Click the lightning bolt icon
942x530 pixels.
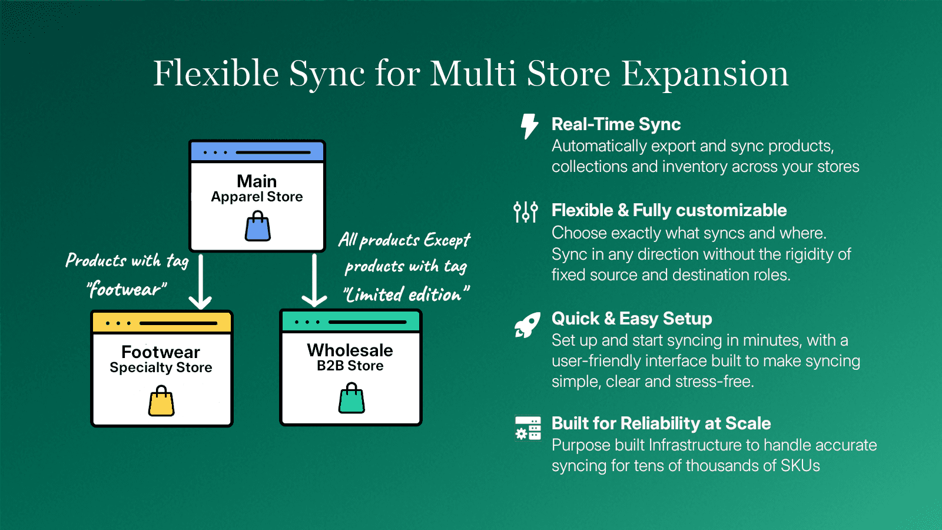coord(529,126)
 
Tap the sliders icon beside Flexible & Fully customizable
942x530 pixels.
coord(525,211)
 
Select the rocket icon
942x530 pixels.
coord(527,325)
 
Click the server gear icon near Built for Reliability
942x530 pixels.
coord(528,428)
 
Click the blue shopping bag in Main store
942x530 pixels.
coord(257,227)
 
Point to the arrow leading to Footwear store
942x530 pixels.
coord(201,283)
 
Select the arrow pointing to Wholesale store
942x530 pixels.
coord(314,281)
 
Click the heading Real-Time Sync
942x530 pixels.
coord(616,124)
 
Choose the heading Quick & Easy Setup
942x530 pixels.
coord(631,319)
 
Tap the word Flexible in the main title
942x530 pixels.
coord(216,74)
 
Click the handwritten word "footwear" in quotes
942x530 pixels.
coord(127,290)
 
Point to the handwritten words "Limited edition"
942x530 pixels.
coord(406,294)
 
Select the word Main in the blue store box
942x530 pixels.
coord(257,181)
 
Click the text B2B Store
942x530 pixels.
coord(350,366)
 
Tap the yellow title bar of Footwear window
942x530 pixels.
coord(162,323)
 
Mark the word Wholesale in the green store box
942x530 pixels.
coord(350,350)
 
